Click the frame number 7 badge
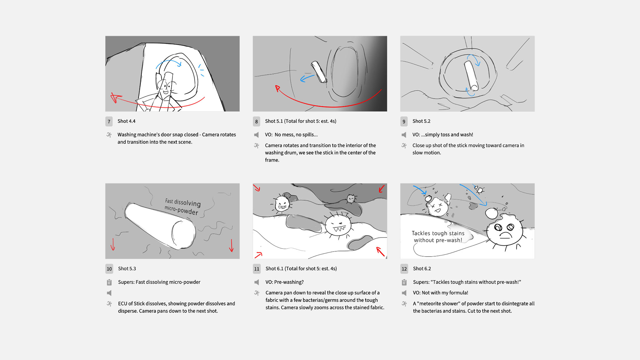coord(109,122)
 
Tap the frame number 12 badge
coord(404,269)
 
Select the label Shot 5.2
coord(421,121)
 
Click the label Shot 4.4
coord(126,121)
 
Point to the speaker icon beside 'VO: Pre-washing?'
coord(257,282)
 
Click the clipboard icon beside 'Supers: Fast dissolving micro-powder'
coord(109,282)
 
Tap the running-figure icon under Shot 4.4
coord(109,135)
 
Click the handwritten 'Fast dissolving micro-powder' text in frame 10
coord(182,207)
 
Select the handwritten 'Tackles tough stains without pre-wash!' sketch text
coord(438,237)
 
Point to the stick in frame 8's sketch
coord(319,72)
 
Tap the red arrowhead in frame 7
coord(115,98)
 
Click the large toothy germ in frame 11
coord(338,225)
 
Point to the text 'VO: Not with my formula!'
coord(440,293)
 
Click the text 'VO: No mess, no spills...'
coord(291,135)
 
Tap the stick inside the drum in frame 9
coord(471,75)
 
